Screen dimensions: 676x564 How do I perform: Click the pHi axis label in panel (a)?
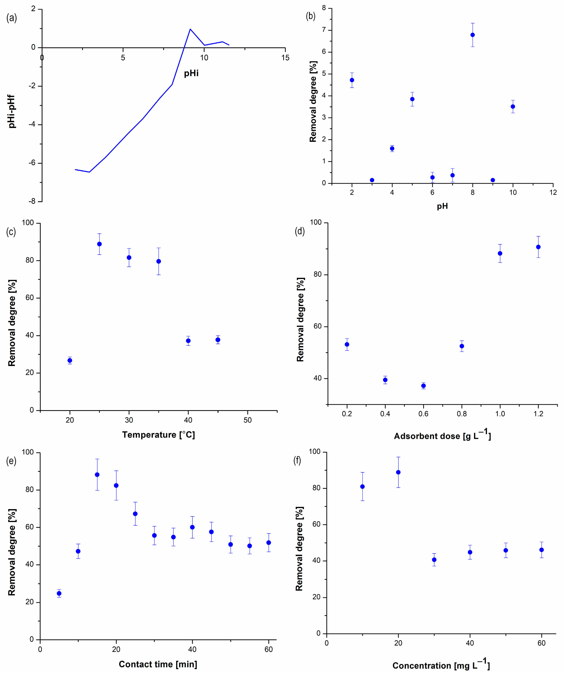pos(191,73)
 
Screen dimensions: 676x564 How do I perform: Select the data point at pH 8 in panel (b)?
pos(472,35)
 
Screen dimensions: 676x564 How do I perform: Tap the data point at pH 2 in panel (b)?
pos(352,80)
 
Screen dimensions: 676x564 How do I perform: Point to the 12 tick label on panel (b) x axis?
pos(553,192)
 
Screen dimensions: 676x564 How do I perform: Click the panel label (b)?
pos(310,16)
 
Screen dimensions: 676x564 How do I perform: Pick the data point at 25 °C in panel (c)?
pos(100,244)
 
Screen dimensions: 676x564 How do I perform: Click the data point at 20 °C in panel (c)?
pos(70,360)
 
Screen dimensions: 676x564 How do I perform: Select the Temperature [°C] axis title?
pos(158,435)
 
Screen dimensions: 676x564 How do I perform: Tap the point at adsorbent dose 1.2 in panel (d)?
pos(538,247)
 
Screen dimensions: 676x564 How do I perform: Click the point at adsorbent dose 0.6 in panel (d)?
pos(423,386)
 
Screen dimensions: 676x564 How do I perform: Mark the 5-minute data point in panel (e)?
pos(59,593)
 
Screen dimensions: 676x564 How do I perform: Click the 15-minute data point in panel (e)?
pos(97,475)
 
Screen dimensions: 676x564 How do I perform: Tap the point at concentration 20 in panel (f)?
pos(398,472)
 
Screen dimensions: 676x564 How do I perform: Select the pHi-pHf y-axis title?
pos(12,111)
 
